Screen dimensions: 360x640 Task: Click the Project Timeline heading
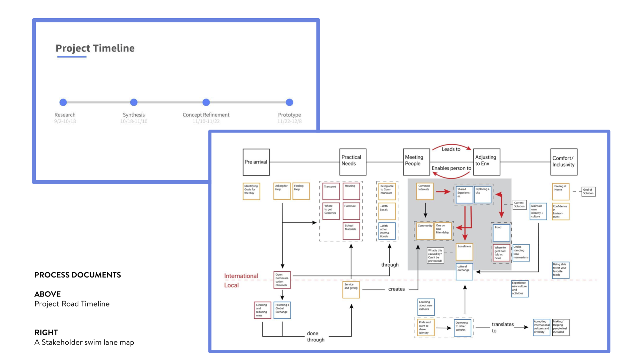click(95, 48)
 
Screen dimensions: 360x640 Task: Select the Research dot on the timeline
click(63, 102)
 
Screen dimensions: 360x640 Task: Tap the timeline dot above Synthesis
click(134, 102)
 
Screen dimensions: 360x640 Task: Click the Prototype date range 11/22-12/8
click(289, 121)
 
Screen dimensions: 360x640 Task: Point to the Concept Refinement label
click(206, 115)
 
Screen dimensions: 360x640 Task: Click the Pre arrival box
click(256, 162)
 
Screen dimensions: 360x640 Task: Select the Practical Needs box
click(353, 162)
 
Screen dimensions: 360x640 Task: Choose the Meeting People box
click(416, 162)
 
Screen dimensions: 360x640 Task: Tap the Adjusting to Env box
click(486, 162)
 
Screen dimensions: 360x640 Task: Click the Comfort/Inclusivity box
click(564, 162)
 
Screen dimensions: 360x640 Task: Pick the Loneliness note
click(464, 252)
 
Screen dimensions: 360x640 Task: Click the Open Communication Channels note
click(282, 280)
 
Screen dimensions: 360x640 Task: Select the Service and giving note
click(351, 289)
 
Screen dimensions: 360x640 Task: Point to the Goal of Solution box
click(588, 191)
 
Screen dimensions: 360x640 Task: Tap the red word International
click(241, 276)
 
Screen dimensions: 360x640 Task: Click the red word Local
click(231, 285)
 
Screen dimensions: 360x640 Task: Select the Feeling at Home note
click(561, 191)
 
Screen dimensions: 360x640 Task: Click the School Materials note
click(351, 231)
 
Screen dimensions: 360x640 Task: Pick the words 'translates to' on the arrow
click(502, 327)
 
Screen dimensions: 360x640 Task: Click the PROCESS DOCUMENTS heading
click(78, 275)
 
